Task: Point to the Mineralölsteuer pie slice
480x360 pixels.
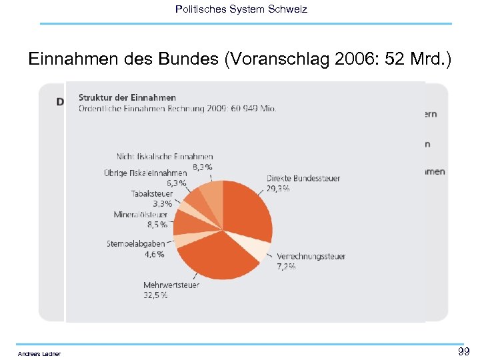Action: point(186,222)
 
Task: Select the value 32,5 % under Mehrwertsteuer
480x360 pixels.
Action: point(155,295)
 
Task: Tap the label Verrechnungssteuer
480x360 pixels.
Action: point(311,256)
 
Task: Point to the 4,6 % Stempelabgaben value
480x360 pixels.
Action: point(154,254)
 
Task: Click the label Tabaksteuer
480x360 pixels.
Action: point(151,193)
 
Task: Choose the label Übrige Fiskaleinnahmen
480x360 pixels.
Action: point(145,173)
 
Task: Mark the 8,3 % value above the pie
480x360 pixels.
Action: point(203,166)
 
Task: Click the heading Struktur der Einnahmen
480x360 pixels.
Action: point(127,98)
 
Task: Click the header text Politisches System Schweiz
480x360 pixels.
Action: point(241,9)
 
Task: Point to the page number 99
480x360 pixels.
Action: point(463,351)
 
